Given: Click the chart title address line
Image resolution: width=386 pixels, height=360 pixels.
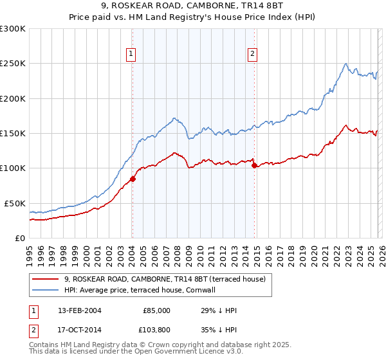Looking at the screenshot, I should [x=193, y=6].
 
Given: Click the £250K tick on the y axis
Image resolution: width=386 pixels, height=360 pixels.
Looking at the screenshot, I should [x=12, y=64].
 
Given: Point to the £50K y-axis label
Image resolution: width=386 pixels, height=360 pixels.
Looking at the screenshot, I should [x=14, y=203].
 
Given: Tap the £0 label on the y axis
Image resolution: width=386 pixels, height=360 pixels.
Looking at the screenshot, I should [x=19, y=238].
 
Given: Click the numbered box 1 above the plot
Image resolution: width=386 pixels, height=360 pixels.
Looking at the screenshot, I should [x=131, y=54].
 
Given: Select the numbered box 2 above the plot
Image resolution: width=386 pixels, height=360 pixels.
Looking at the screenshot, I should [x=253, y=54].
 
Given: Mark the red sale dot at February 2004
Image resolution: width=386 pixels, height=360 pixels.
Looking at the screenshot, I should [x=133, y=179].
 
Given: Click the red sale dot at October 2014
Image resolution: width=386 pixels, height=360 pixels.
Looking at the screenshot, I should [x=254, y=166].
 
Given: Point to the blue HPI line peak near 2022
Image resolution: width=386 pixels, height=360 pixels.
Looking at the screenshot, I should [x=346, y=64].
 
